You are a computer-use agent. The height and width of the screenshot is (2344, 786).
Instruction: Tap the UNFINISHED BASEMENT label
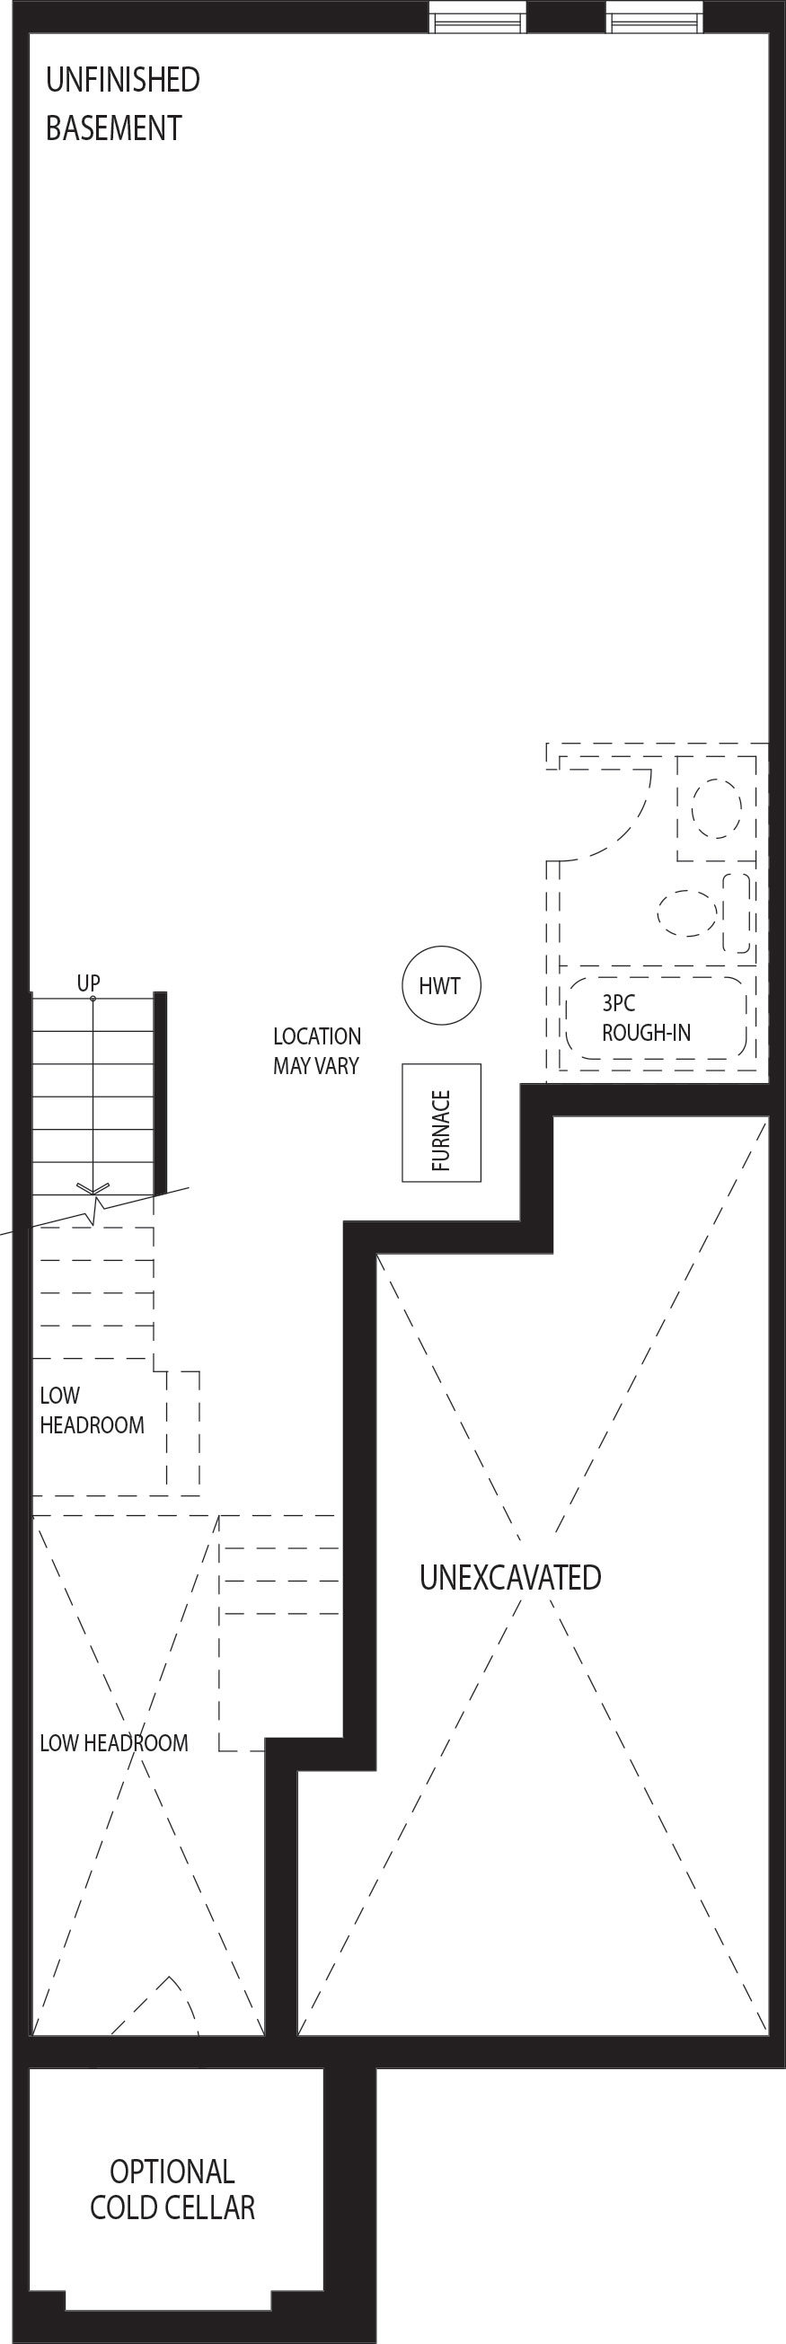pos(123,104)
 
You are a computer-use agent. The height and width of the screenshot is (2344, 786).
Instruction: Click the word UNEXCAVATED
pos(510,1577)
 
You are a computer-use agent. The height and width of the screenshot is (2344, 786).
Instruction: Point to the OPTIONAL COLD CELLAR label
pos(172,2190)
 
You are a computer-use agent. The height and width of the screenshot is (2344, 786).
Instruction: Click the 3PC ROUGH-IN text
pos(646,1018)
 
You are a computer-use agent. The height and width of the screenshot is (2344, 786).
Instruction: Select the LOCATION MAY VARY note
pos(316,1051)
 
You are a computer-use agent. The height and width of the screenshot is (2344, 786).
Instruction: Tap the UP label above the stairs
pos(88,983)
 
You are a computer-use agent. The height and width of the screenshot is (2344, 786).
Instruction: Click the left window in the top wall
pos(478,16)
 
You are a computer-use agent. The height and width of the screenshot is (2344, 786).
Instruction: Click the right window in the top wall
pos(655,16)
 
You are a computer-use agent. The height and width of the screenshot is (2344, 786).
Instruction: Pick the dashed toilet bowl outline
pos(687,912)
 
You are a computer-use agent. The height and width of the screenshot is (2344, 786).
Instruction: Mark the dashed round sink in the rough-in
pos(716,808)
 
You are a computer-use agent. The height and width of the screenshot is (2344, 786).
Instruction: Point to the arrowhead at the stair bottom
pos(93,1188)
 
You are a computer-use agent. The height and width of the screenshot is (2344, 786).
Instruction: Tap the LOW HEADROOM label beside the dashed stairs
pos(92,1409)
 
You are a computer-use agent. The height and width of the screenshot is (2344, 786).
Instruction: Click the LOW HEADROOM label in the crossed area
pos(114,1742)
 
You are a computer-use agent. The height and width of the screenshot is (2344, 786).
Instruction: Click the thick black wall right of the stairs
pos(160,1093)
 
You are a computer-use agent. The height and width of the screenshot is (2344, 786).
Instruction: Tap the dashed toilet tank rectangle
pos(737,912)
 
